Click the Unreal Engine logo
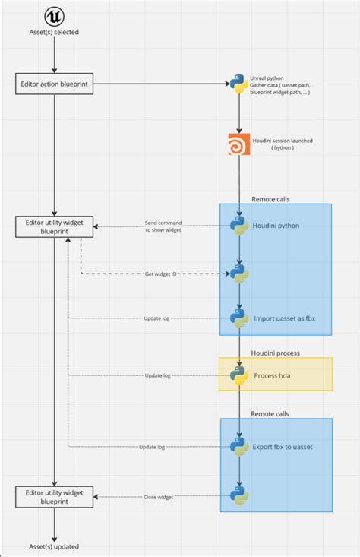coord(55,17)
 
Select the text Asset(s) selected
coord(55,32)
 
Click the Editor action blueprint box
coord(55,84)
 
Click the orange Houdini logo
coord(239,144)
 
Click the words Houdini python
coord(276,226)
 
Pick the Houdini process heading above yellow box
coord(275,353)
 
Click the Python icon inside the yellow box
coord(239,375)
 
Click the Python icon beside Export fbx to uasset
coord(239,448)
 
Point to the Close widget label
coord(158,497)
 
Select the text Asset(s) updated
coord(55,546)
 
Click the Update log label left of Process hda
coord(156,375)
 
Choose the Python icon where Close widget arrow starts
coord(239,497)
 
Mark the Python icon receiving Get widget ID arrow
coord(239,273)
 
